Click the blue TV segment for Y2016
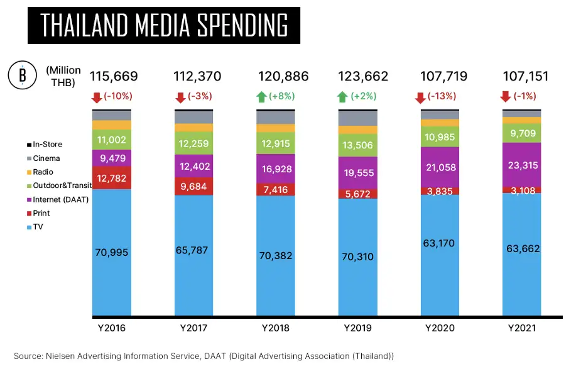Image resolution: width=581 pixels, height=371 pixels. pyautogui.click(x=112, y=252)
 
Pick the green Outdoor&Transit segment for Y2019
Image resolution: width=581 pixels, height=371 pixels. pyautogui.click(x=358, y=146)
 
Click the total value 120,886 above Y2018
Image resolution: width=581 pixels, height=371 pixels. pyautogui.click(x=283, y=77)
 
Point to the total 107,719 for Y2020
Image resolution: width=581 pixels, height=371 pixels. pyautogui.click(x=443, y=77)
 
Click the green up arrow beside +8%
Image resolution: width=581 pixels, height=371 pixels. pyautogui.click(x=261, y=97)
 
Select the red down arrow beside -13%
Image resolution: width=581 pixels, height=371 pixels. pyautogui.click(x=420, y=97)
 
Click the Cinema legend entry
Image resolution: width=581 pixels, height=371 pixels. pyautogui.click(x=46, y=158)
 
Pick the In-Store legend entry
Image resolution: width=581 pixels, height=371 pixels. pyautogui.click(x=48, y=145)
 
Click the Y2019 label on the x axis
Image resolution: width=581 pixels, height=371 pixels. pyautogui.click(x=358, y=328)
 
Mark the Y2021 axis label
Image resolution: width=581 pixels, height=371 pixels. pyautogui.click(x=522, y=328)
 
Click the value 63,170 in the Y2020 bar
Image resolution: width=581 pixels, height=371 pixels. pyautogui.click(x=440, y=243)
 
